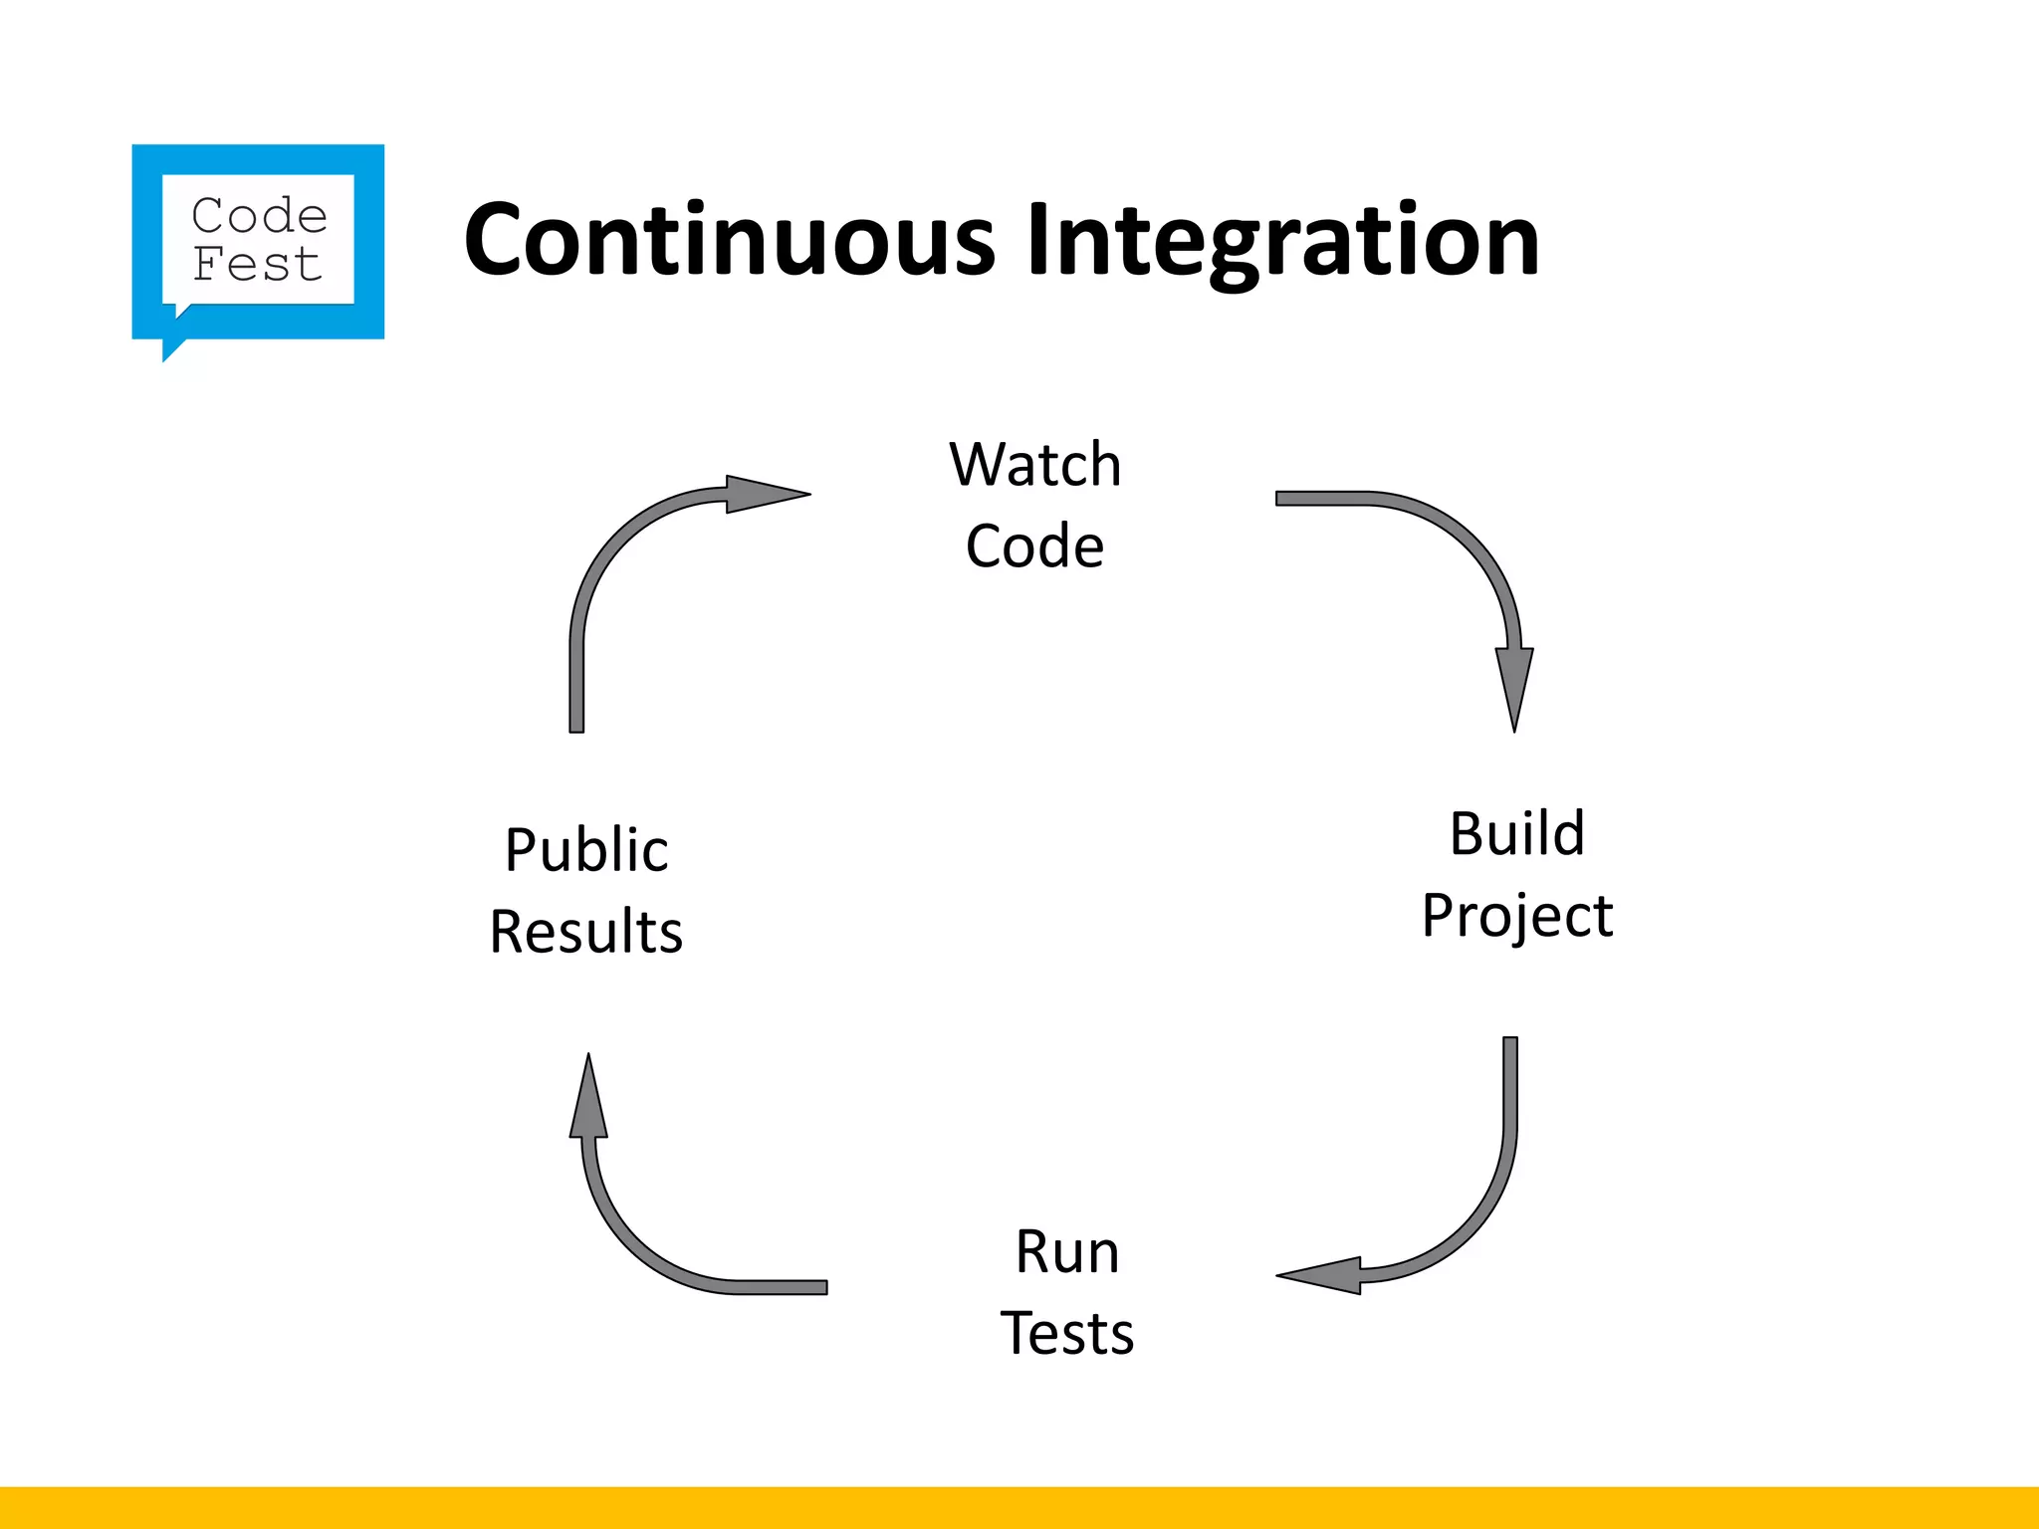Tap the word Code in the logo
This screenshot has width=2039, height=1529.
[259, 216]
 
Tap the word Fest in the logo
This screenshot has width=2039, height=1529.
[257, 265]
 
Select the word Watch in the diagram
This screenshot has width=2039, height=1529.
[1035, 464]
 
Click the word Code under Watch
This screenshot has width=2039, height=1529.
[1035, 546]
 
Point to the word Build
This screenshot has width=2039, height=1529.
[1516, 833]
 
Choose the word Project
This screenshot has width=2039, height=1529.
[1516, 915]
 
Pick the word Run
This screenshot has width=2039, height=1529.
[1066, 1251]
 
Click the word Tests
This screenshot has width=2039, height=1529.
[1066, 1333]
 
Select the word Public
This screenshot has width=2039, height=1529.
[586, 850]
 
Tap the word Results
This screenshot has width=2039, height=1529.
[586, 932]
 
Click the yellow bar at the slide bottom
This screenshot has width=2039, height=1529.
[1019, 1507]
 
